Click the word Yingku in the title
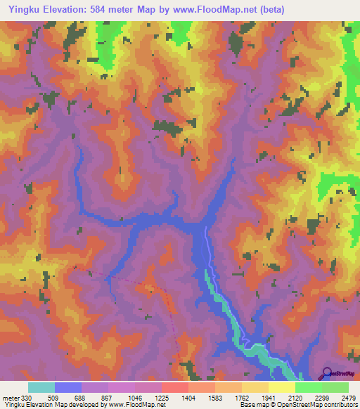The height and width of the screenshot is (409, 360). pos(22,9)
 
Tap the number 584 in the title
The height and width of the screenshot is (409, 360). pos(121,9)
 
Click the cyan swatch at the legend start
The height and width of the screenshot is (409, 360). pos(41,387)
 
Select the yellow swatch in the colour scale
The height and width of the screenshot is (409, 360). pos(281,387)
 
